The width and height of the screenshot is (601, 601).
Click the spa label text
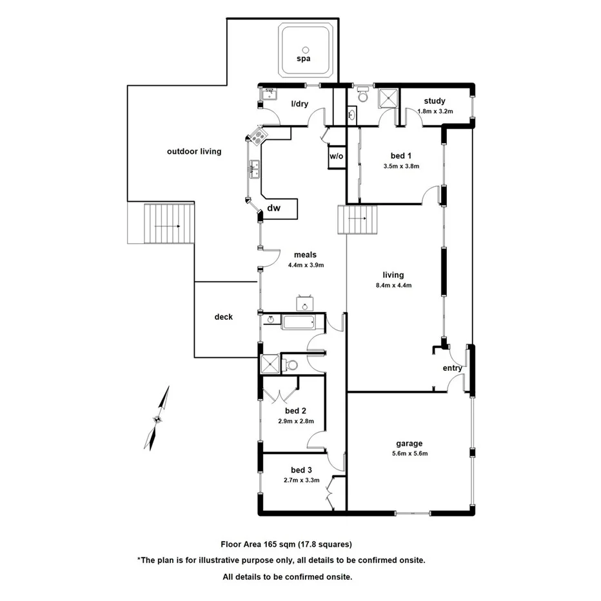point(303,59)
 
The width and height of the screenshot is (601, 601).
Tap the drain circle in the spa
point(305,48)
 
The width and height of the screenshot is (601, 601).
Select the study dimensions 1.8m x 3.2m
point(435,111)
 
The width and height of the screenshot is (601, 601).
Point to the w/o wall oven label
point(336,156)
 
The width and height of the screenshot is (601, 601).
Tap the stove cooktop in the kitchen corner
point(258,137)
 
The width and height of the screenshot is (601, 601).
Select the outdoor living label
point(194,152)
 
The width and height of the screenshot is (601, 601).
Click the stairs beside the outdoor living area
point(168,223)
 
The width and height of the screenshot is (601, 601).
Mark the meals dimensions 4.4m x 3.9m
point(306,264)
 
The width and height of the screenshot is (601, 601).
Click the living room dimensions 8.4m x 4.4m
point(393,285)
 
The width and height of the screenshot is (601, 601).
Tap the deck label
point(224,317)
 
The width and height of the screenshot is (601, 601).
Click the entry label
point(452,368)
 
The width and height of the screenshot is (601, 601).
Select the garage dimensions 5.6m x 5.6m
point(409,453)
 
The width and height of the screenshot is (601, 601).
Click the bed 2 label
point(295,411)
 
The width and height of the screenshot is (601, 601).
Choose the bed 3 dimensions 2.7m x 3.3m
point(301,480)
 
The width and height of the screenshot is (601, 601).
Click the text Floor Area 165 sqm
point(258,544)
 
